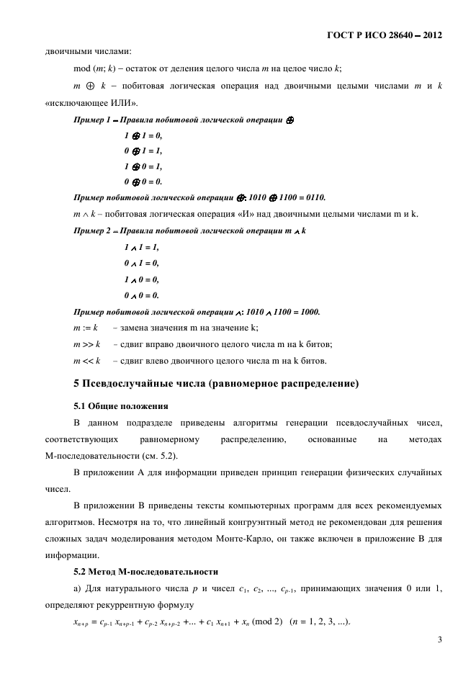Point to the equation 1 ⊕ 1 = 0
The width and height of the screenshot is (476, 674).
(x=143, y=135)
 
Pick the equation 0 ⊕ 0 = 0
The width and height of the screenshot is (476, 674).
(x=143, y=181)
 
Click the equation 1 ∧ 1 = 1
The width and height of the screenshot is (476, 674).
(x=141, y=247)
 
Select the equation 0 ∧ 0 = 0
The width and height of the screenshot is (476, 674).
(x=141, y=295)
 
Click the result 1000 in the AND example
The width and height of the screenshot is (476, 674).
(x=307, y=312)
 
